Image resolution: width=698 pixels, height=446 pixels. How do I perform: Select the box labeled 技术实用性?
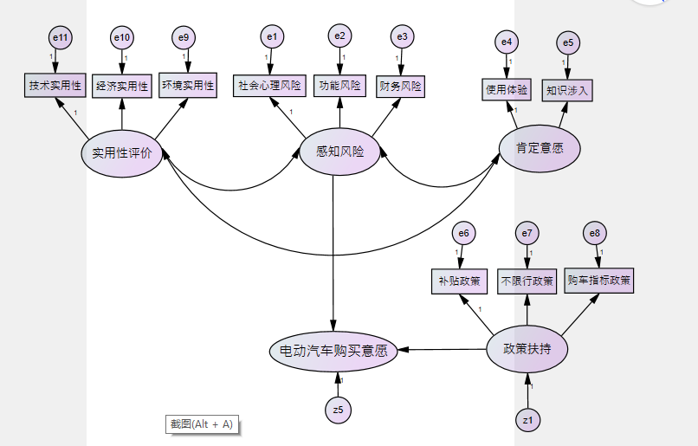(x=55, y=86)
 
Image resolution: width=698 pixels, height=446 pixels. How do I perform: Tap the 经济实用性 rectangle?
(x=122, y=86)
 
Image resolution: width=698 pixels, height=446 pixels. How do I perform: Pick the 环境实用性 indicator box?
(x=187, y=86)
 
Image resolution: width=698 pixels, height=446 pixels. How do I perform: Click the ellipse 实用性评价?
(x=121, y=153)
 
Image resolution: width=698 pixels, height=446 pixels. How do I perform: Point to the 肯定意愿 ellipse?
(x=540, y=148)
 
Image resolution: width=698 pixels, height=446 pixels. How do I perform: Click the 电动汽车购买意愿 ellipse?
(x=333, y=351)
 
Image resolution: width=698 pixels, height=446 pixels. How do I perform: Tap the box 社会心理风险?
(x=269, y=86)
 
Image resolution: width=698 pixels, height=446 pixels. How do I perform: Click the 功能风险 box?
(x=339, y=86)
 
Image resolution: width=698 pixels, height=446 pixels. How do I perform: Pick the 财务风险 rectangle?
(x=401, y=86)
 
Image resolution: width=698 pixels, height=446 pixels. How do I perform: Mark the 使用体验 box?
(x=507, y=89)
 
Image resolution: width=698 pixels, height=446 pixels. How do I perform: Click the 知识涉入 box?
(x=568, y=89)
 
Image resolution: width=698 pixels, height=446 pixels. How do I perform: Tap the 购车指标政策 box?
(x=599, y=281)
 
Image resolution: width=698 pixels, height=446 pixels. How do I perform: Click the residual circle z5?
(x=339, y=410)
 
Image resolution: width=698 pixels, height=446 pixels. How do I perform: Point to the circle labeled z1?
(x=527, y=421)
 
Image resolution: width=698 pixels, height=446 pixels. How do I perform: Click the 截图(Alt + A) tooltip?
(x=202, y=423)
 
